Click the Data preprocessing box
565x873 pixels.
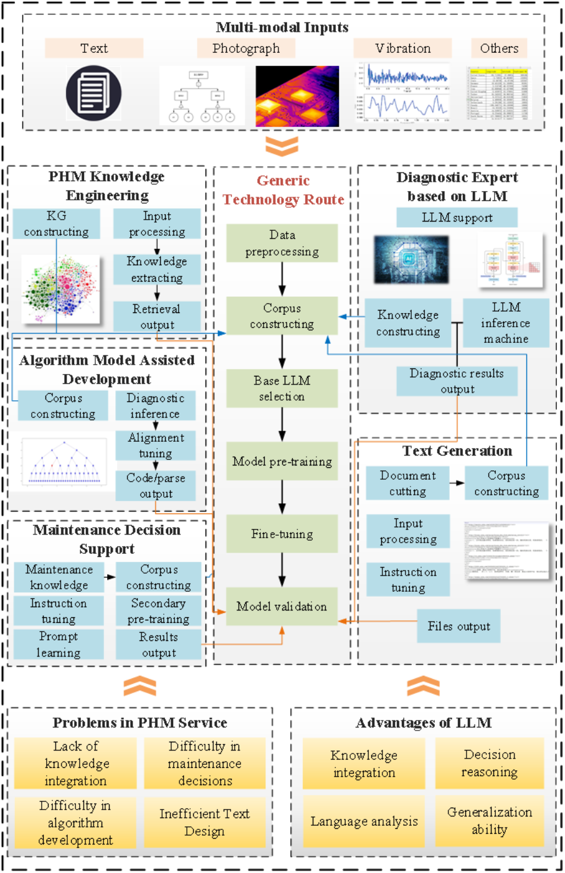tap(282, 243)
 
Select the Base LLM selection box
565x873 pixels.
tap(282, 388)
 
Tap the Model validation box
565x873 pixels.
tap(282, 606)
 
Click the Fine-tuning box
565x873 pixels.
tap(282, 534)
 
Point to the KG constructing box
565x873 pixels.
tap(56, 224)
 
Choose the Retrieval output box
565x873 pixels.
tap(156, 317)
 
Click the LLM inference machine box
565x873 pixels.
tap(506, 323)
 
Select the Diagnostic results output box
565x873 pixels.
tap(457, 381)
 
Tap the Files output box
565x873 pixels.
tap(458, 626)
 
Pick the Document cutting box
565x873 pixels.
tap(407, 483)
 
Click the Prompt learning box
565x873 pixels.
tap(59, 645)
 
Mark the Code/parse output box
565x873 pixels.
tap(156, 486)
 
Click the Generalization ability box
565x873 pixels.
tap(489, 821)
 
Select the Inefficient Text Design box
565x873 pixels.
tap(204, 822)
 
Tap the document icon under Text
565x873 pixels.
tap(93, 93)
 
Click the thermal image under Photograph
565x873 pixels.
tap(297, 96)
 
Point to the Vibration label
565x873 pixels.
tap(402, 49)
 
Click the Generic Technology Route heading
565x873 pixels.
tap(283, 190)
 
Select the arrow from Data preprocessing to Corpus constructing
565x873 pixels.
tap(282, 279)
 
